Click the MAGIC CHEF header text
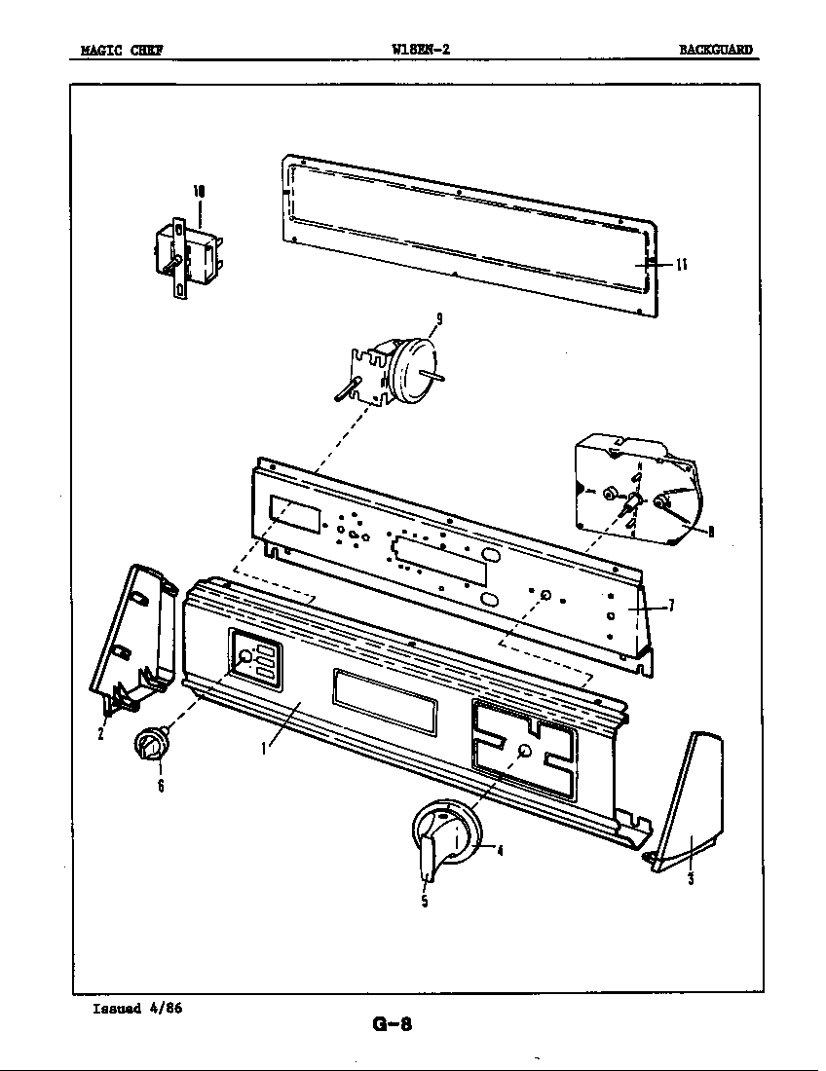121,52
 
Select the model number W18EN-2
420,51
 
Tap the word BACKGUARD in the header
716,52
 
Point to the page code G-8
394,1023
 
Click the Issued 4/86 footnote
137,1008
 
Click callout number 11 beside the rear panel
683,265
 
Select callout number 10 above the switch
199,192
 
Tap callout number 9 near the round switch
440,316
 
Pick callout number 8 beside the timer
711,532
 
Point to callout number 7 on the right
671,606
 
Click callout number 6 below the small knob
160,787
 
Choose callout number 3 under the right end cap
691,879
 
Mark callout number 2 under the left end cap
100,734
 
